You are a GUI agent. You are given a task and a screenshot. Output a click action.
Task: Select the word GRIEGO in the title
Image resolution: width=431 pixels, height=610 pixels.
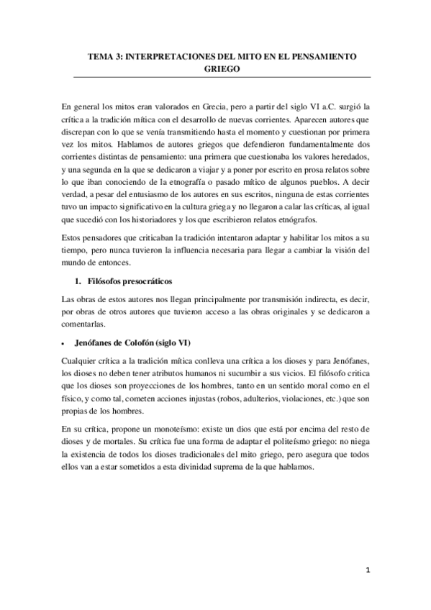215,69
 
